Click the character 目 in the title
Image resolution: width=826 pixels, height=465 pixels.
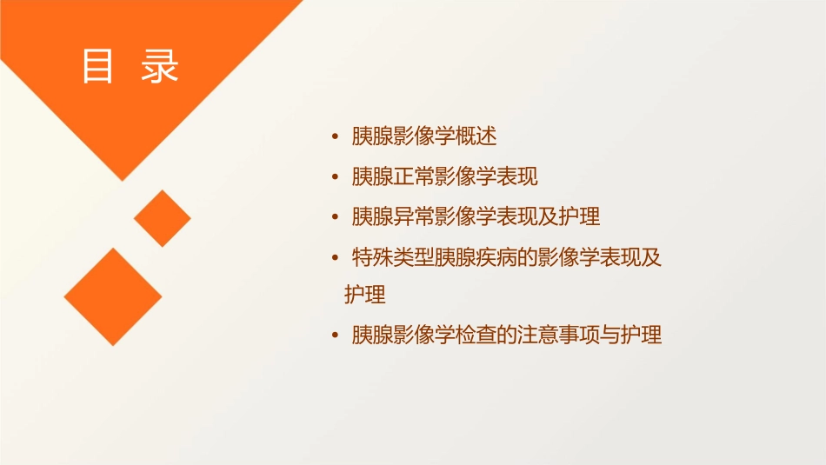point(97,67)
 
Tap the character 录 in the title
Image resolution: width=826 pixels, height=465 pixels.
point(160,67)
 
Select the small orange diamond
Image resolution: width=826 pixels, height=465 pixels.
point(162,218)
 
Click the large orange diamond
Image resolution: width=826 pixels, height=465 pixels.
point(113,296)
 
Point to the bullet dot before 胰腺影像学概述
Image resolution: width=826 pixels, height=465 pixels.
point(335,137)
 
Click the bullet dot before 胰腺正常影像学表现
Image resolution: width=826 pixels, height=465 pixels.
point(335,177)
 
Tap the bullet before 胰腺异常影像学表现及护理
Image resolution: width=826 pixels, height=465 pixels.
point(335,216)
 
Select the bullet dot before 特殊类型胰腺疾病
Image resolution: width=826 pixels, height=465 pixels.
point(335,257)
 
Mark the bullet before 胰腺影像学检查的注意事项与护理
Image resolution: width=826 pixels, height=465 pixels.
point(335,335)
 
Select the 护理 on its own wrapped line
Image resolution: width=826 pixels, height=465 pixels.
point(365,295)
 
